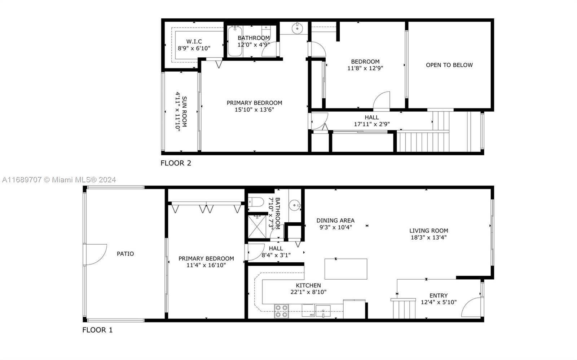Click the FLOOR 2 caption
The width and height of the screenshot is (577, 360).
176,163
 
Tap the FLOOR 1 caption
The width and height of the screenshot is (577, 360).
97,330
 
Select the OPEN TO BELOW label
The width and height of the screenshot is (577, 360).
449,65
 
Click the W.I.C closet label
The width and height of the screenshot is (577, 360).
194,41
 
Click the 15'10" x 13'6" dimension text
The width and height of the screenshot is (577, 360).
254,110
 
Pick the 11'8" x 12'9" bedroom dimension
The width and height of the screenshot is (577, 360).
365,68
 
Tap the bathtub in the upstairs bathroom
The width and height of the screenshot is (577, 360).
235,41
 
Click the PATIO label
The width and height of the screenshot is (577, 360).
125,254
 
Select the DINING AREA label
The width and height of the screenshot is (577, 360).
335,221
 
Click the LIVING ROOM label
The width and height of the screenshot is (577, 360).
429,231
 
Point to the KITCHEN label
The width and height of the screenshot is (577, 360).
308,285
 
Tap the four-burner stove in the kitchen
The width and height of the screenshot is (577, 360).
281,311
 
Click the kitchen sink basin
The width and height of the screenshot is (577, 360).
323,311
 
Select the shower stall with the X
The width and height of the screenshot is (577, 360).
257,226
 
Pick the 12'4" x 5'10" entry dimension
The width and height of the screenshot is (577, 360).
439,302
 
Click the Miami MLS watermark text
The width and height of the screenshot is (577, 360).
59,179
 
